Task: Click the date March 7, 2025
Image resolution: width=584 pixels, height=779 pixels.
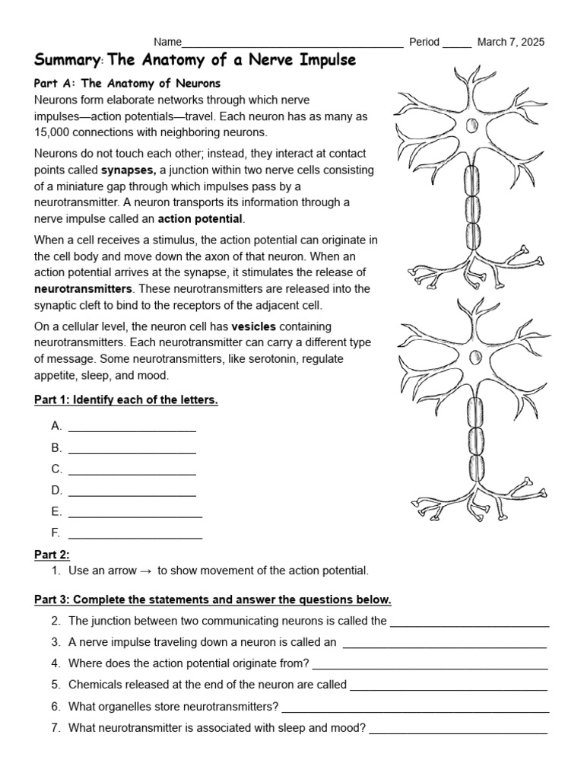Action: (x=510, y=42)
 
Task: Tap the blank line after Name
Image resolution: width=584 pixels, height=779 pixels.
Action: (x=293, y=44)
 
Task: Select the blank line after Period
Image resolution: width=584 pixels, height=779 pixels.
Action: (x=456, y=44)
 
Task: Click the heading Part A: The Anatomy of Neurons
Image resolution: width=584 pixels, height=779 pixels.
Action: (x=128, y=83)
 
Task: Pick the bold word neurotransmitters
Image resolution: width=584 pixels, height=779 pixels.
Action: (x=84, y=289)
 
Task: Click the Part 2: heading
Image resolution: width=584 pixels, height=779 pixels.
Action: (x=52, y=554)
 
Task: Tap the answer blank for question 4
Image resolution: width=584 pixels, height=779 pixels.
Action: (x=430, y=666)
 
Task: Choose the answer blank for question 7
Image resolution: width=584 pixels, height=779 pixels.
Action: (x=458, y=730)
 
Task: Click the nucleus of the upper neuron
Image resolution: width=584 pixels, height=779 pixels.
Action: (x=471, y=126)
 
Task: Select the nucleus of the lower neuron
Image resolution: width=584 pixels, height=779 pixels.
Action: (x=476, y=357)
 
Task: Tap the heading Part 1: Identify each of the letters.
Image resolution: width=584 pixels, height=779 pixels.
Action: (x=126, y=400)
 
